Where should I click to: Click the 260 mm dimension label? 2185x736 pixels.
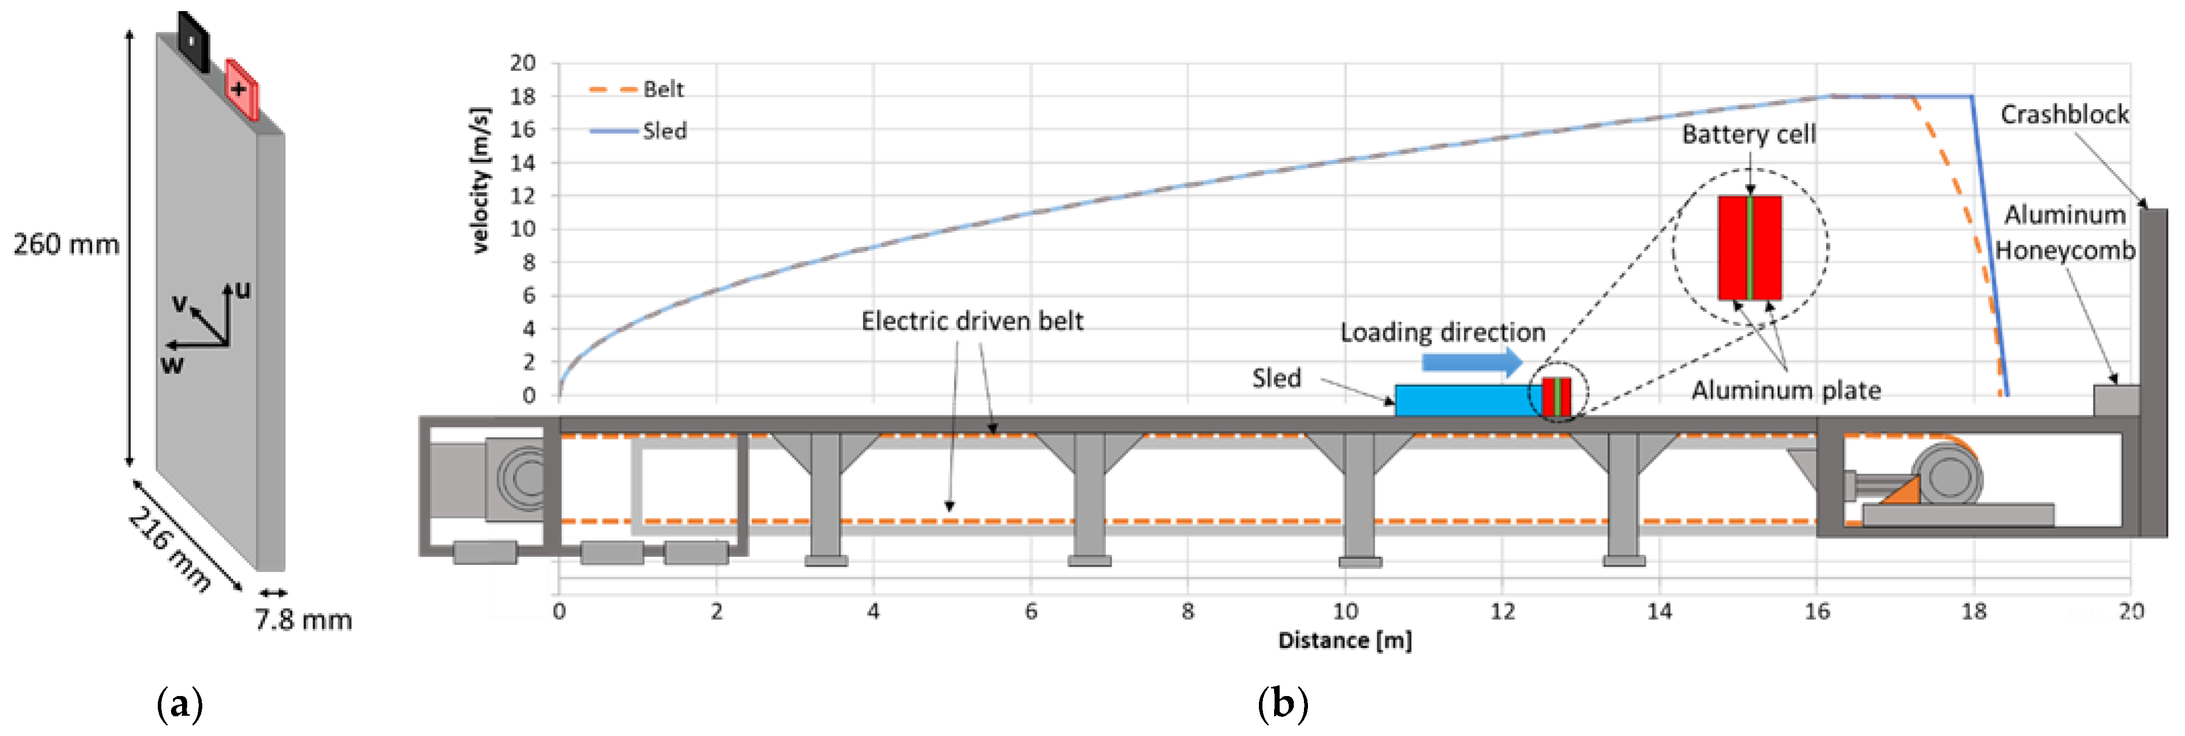tap(66, 244)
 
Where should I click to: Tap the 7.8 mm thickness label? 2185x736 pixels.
tap(303, 620)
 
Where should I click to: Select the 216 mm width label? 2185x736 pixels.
tap(169, 549)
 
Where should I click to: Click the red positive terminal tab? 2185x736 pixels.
tap(241, 88)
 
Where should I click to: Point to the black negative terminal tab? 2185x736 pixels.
tap(193, 40)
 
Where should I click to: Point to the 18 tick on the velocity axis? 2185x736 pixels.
tap(522, 97)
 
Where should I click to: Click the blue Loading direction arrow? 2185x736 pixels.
tap(1472, 362)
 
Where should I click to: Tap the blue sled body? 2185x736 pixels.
tap(1467, 400)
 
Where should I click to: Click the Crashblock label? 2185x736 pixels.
tap(2064, 114)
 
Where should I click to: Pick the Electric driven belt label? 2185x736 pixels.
tap(972, 321)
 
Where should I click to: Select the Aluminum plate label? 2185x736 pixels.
tap(1785, 390)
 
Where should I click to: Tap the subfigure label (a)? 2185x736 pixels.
tap(180, 704)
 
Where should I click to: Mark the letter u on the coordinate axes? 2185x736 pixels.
tap(243, 290)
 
